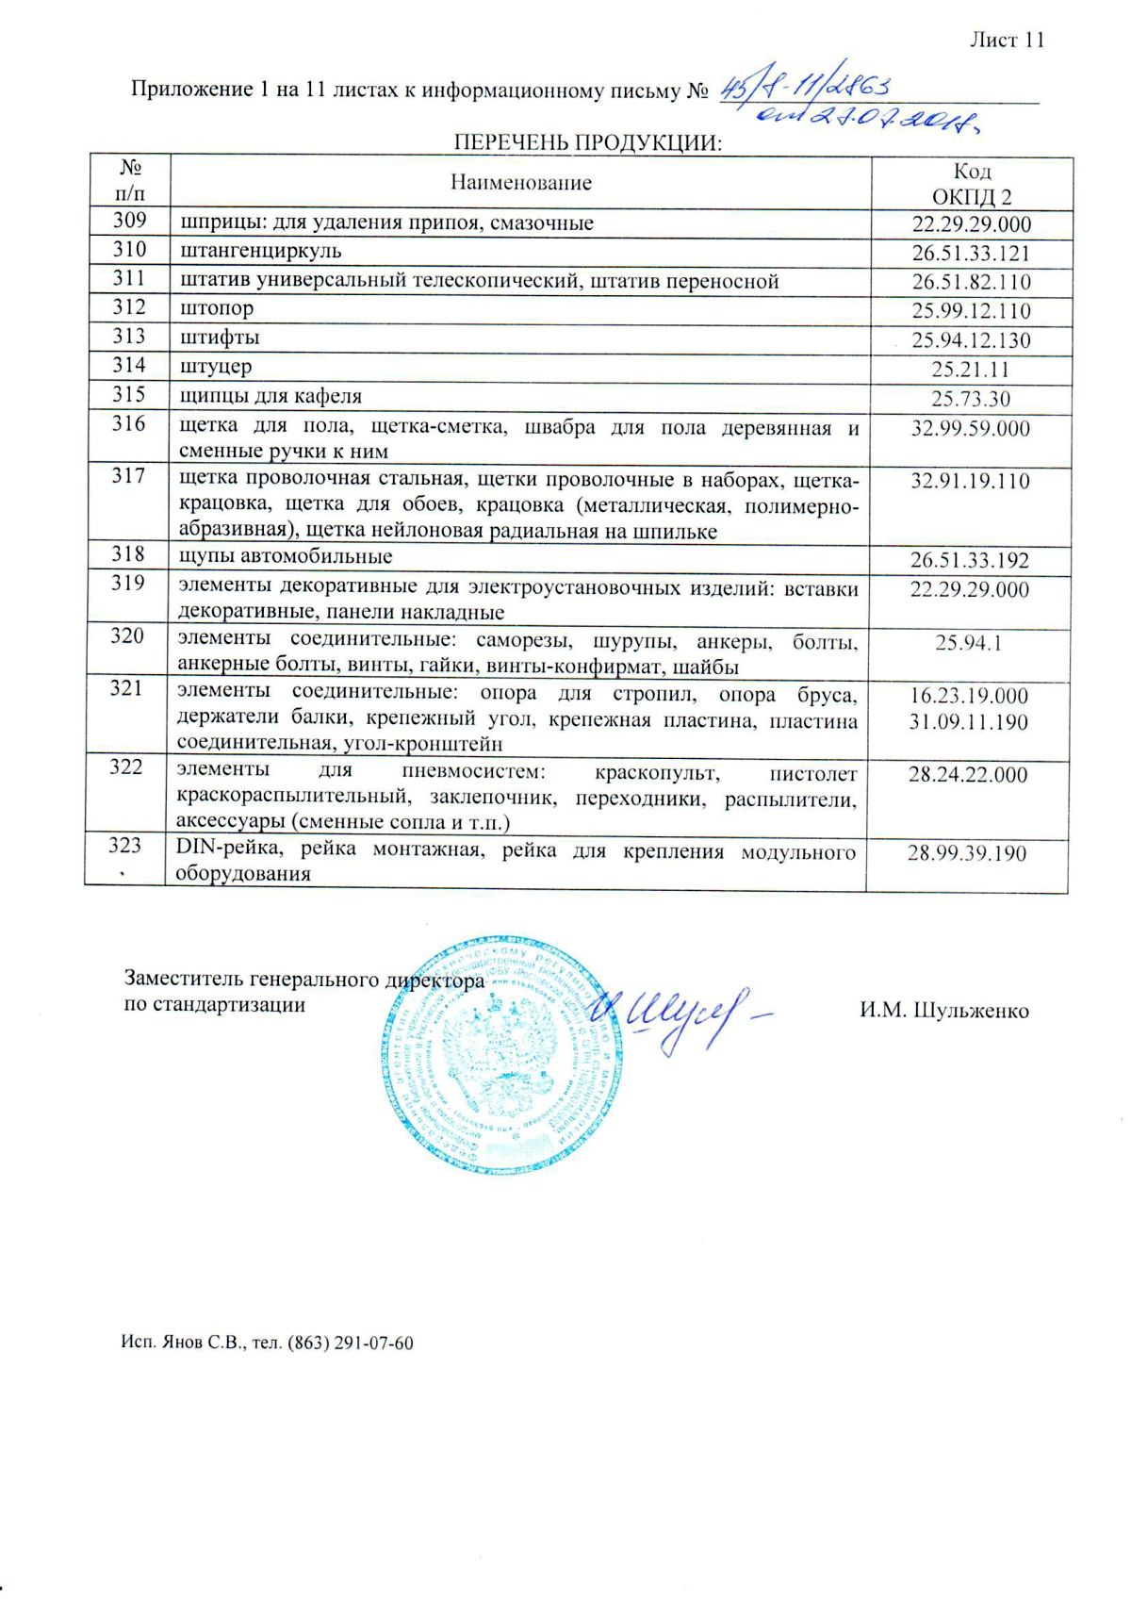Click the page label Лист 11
tap(1007, 41)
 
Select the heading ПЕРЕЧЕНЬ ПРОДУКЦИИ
tap(587, 143)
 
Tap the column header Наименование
tap(520, 183)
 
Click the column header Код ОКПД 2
tap(971, 184)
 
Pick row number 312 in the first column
tap(128, 307)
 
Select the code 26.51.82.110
tap(971, 282)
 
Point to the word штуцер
tap(216, 366)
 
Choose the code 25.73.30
tap(971, 399)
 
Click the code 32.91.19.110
tap(971, 482)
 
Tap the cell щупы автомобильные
tap(286, 556)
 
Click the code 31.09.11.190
tap(969, 722)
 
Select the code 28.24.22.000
tap(968, 775)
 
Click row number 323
tap(124, 846)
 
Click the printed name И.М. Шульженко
tap(943, 1011)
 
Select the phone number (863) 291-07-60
tap(350, 1343)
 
